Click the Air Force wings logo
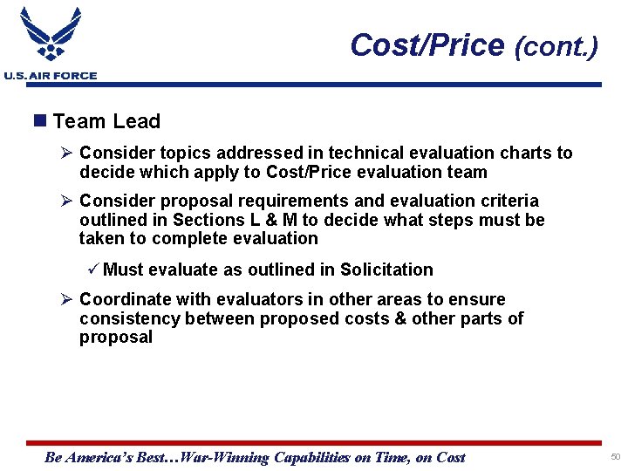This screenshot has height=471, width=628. coord(50,36)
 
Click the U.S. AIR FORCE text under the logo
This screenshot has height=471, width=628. coord(51,76)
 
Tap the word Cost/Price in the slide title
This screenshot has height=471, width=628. coord(427,44)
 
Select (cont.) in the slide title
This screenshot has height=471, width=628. coord(556,46)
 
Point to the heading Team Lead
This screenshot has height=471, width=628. coord(106,122)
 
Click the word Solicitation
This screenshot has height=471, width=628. coord(386,270)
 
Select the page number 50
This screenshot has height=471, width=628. coord(615,457)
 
